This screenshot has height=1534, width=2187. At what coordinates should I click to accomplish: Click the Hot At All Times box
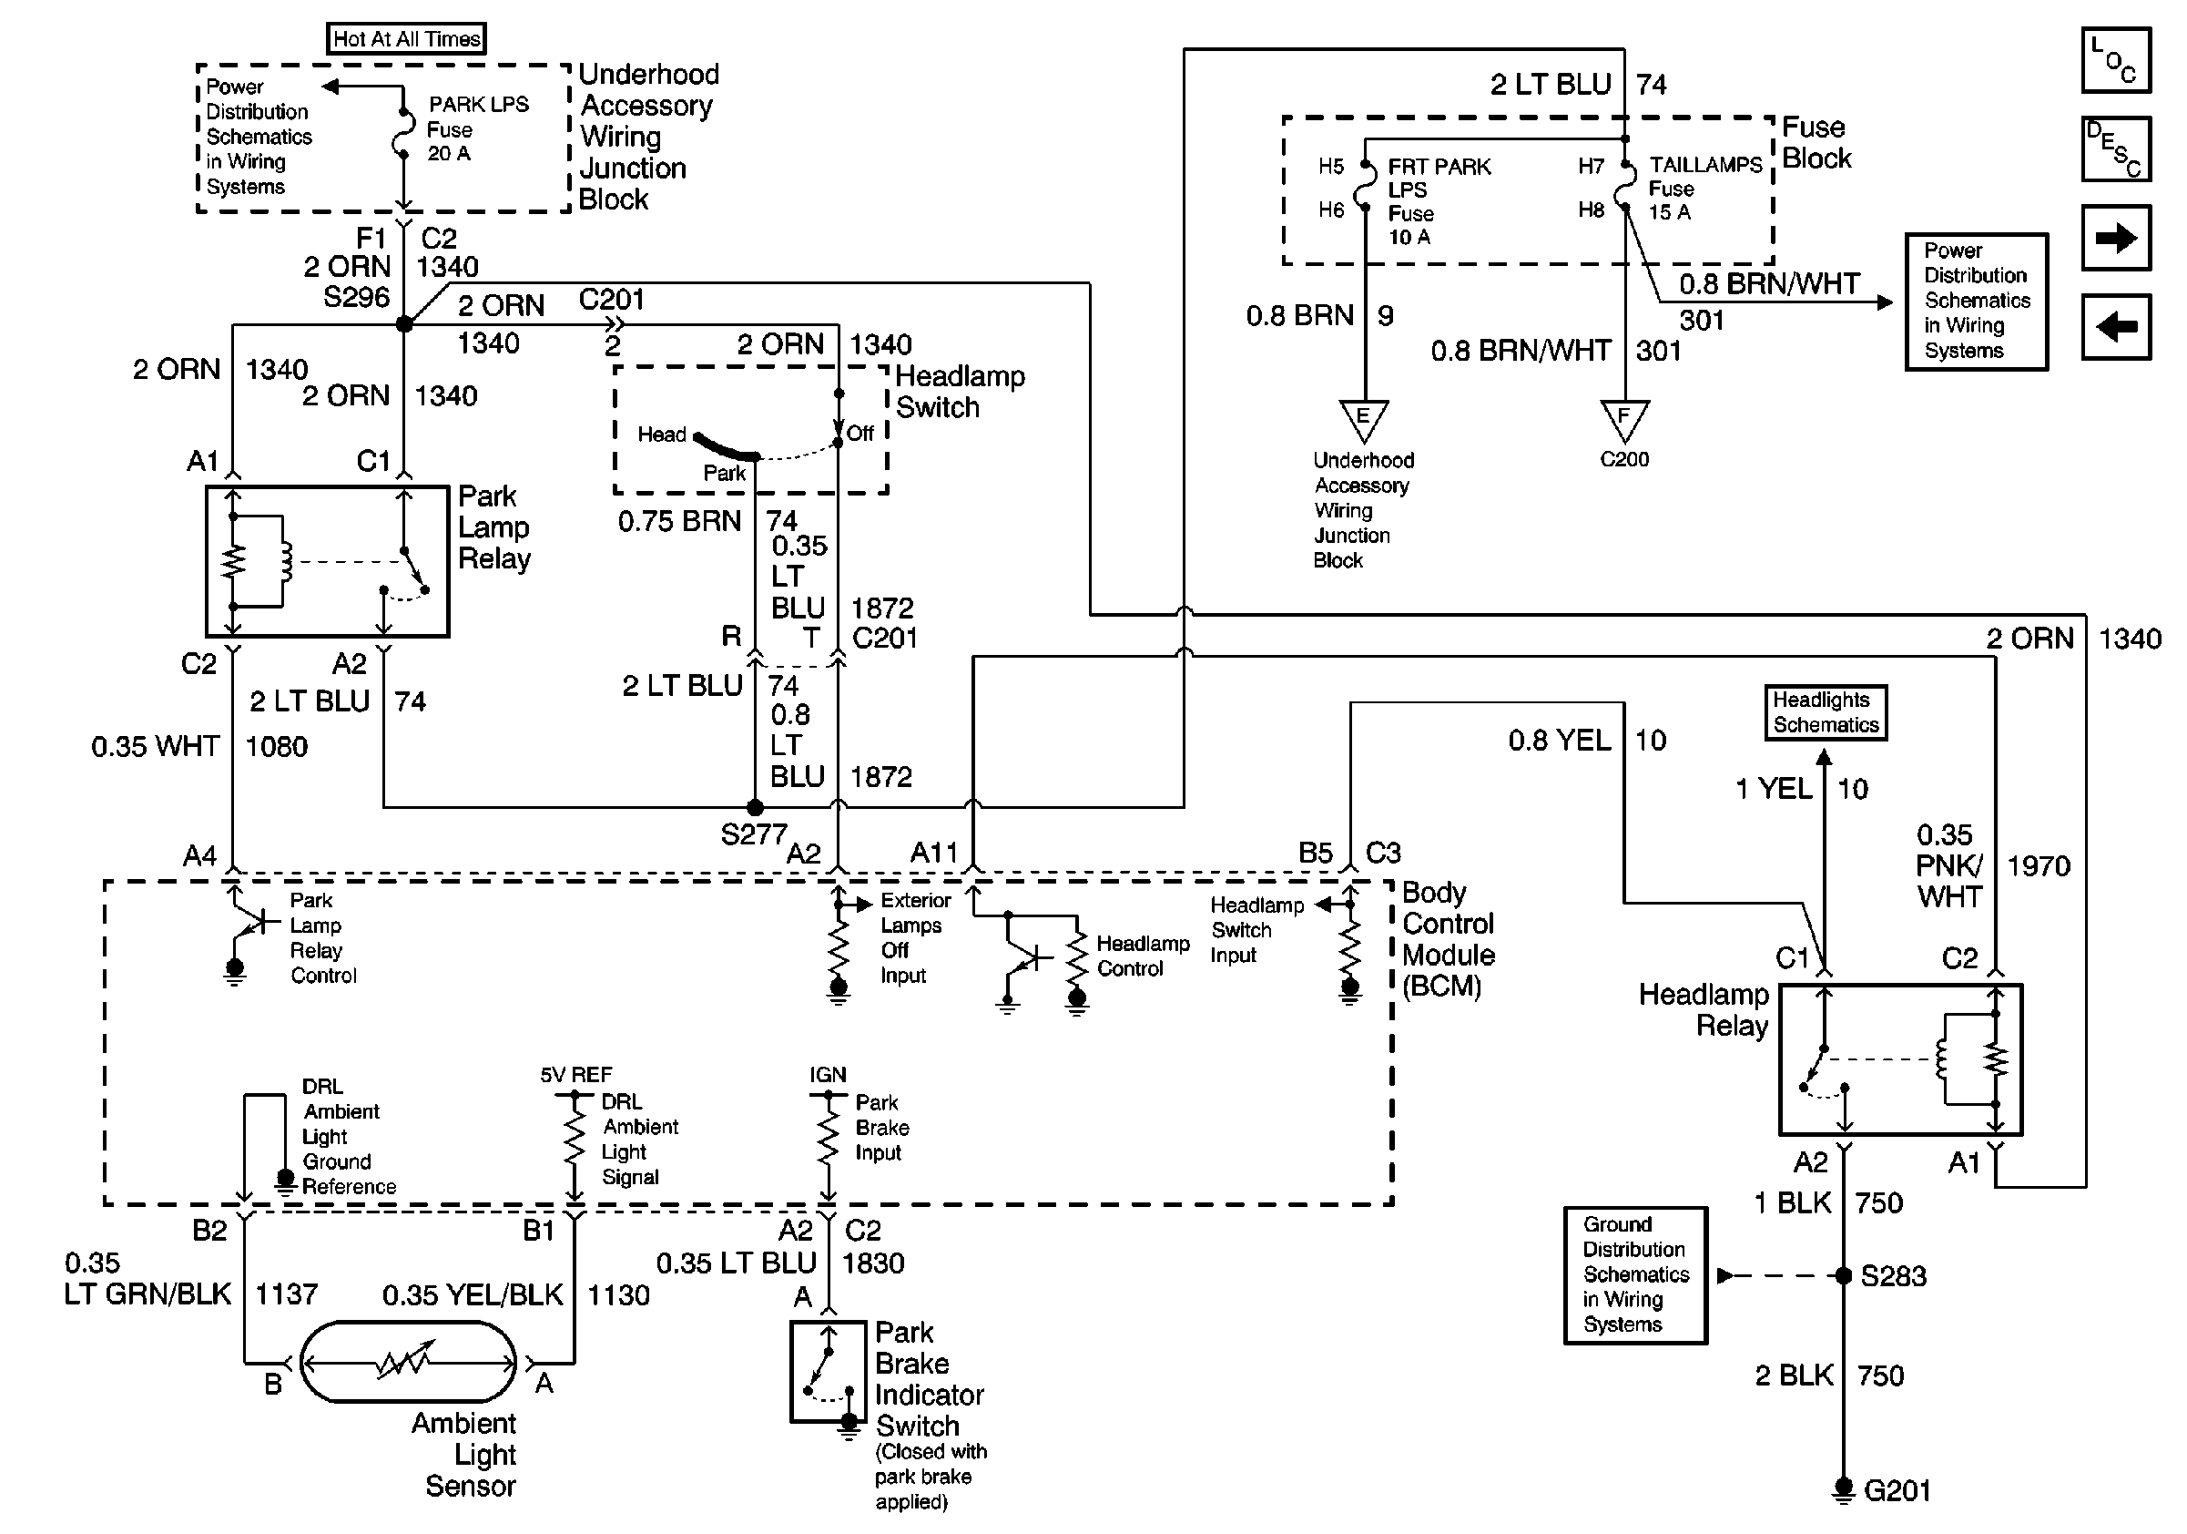pyautogui.click(x=407, y=39)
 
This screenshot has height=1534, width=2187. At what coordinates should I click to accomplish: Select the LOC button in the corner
pyautogui.click(x=2116, y=60)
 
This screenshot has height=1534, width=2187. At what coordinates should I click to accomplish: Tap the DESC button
pyautogui.click(x=2116, y=148)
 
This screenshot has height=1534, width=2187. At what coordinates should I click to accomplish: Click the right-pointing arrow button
pyautogui.click(x=2116, y=237)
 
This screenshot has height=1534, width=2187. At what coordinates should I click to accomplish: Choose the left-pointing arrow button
pyautogui.click(x=2116, y=327)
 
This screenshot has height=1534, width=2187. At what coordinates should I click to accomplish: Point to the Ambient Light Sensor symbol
pyautogui.click(x=409, y=1363)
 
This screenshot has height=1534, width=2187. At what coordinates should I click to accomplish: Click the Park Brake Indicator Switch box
pyautogui.click(x=828, y=1371)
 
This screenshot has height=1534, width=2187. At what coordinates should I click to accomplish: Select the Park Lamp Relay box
pyautogui.click(x=327, y=561)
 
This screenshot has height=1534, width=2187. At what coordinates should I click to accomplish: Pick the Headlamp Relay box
pyautogui.click(x=1900, y=1059)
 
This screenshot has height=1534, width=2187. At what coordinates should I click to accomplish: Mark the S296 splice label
pyautogui.click(x=356, y=297)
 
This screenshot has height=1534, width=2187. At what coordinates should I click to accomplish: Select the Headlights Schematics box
pyautogui.click(x=1825, y=712)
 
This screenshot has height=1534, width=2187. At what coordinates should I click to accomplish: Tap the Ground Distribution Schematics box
pyautogui.click(x=1635, y=1274)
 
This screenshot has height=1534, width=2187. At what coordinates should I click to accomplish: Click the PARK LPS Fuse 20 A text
pyautogui.click(x=476, y=128)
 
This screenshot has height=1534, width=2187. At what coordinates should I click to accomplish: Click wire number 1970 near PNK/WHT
pyautogui.click(x=2039, y=866)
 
